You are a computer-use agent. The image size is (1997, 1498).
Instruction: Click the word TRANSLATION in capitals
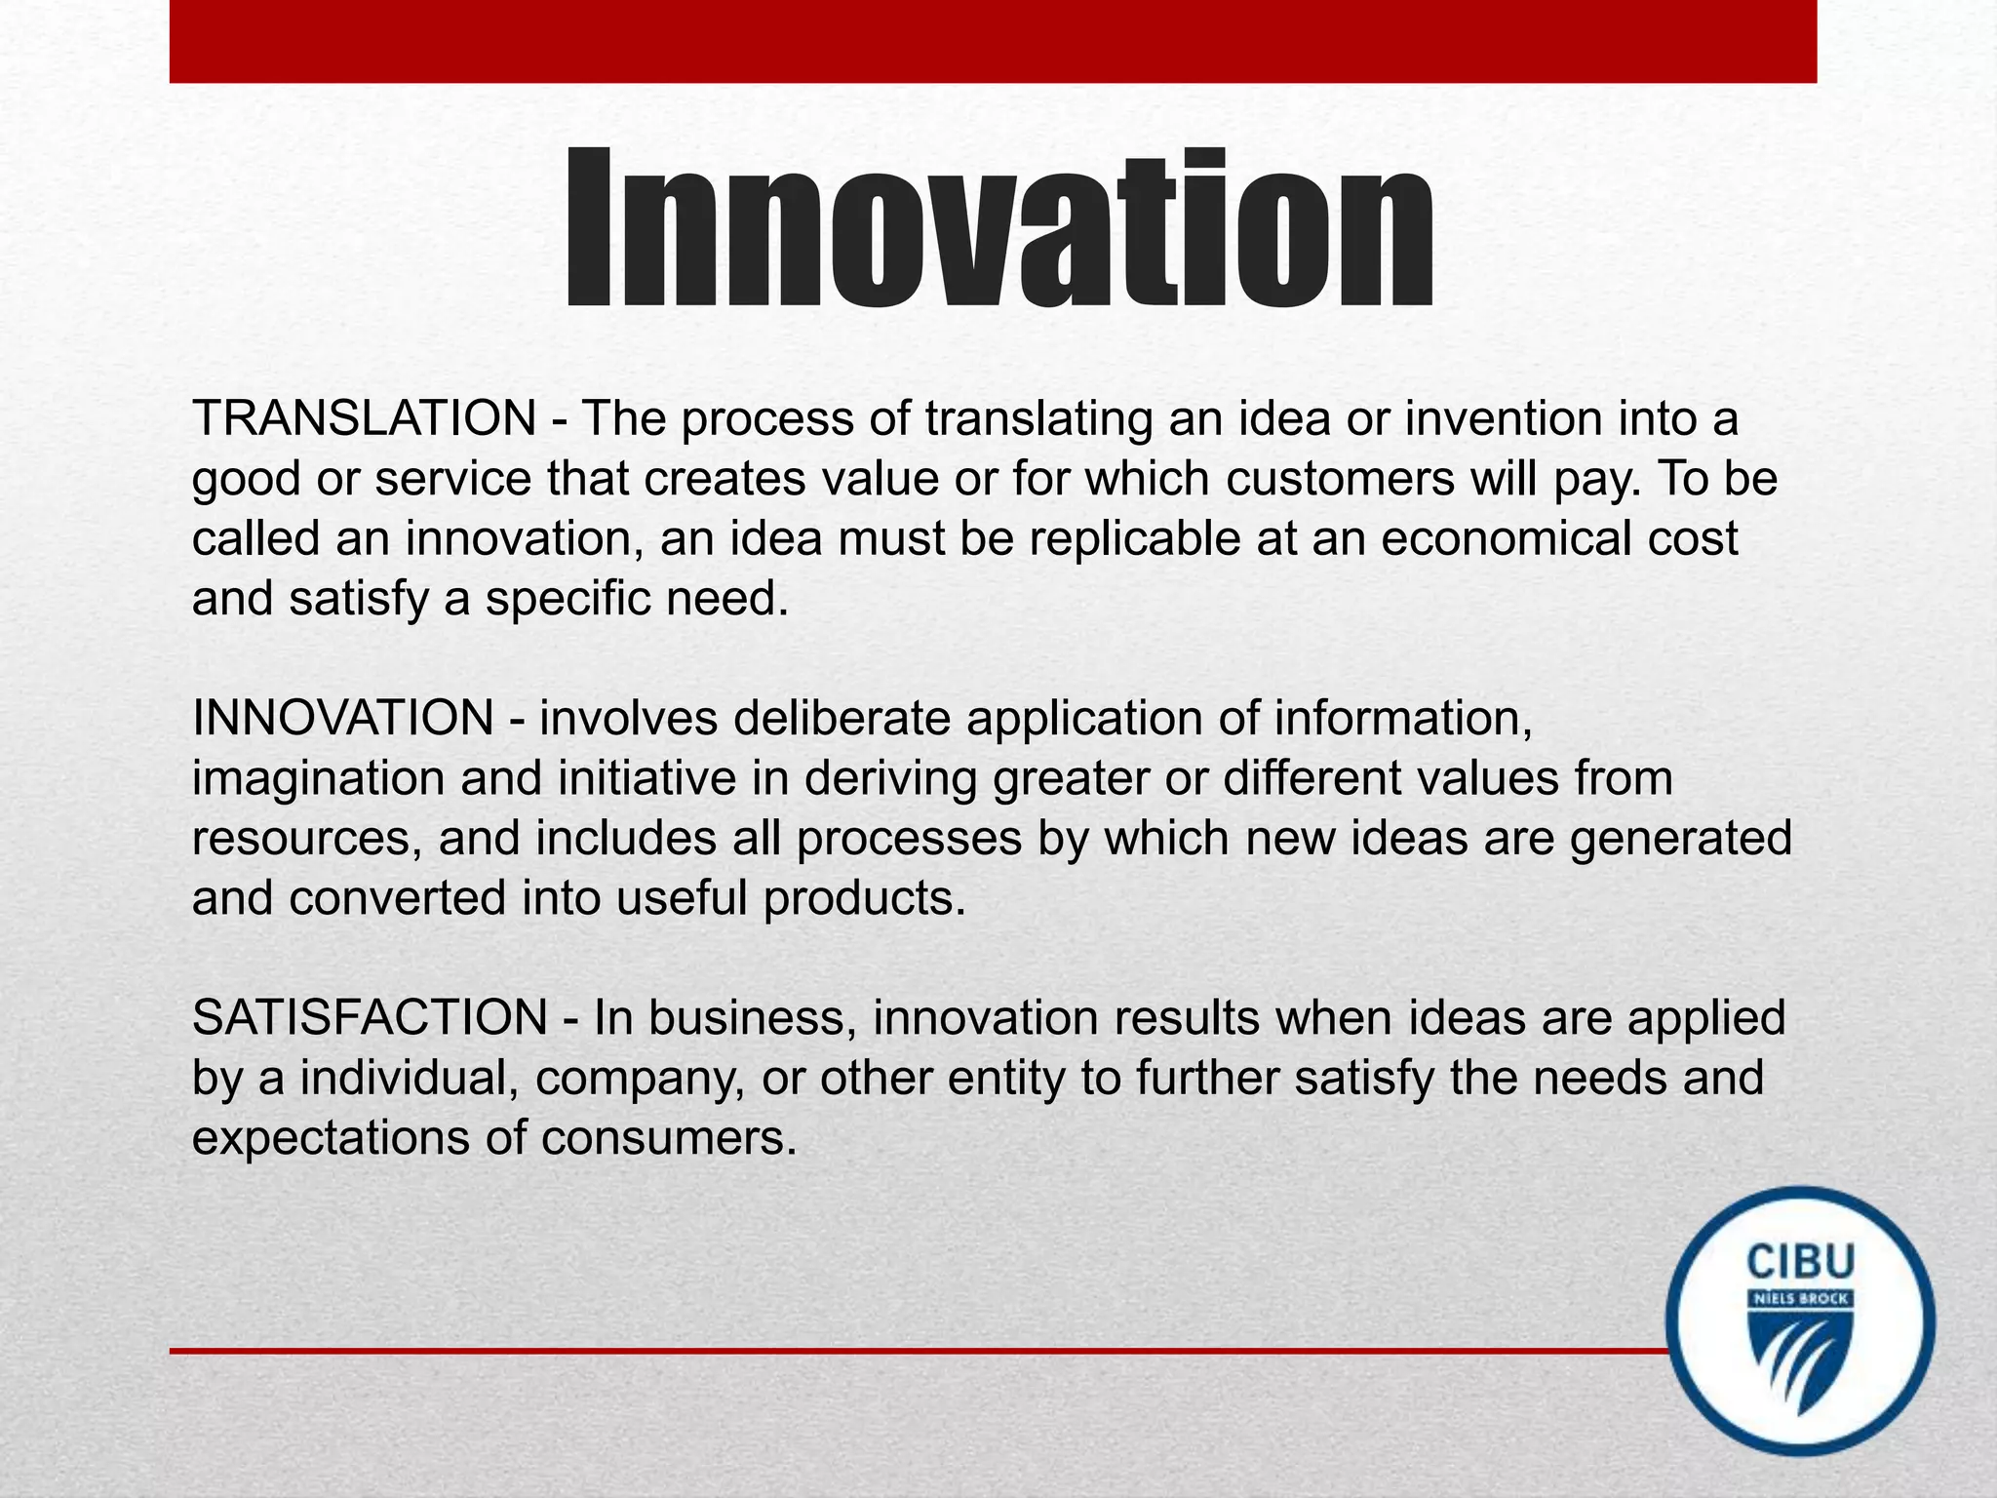(364, 419)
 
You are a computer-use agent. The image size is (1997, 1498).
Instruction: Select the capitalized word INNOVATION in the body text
(343, 719)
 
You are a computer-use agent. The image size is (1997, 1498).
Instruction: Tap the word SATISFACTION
(370, 1018)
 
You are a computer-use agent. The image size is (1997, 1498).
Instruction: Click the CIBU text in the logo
(1800, 1262)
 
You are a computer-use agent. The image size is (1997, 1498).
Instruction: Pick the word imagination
(318, 779)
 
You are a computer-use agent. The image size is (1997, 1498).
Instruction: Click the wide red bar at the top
(993, 41)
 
